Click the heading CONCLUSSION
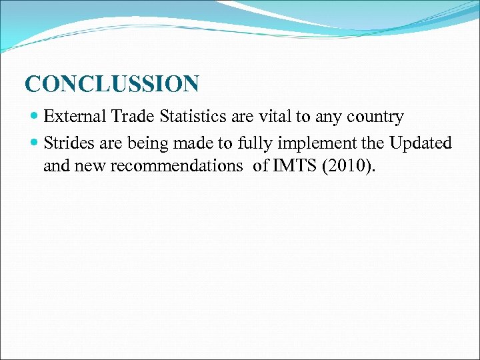111,85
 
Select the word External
75,117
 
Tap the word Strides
69,143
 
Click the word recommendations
177,166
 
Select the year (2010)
349,166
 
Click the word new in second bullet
91,166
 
